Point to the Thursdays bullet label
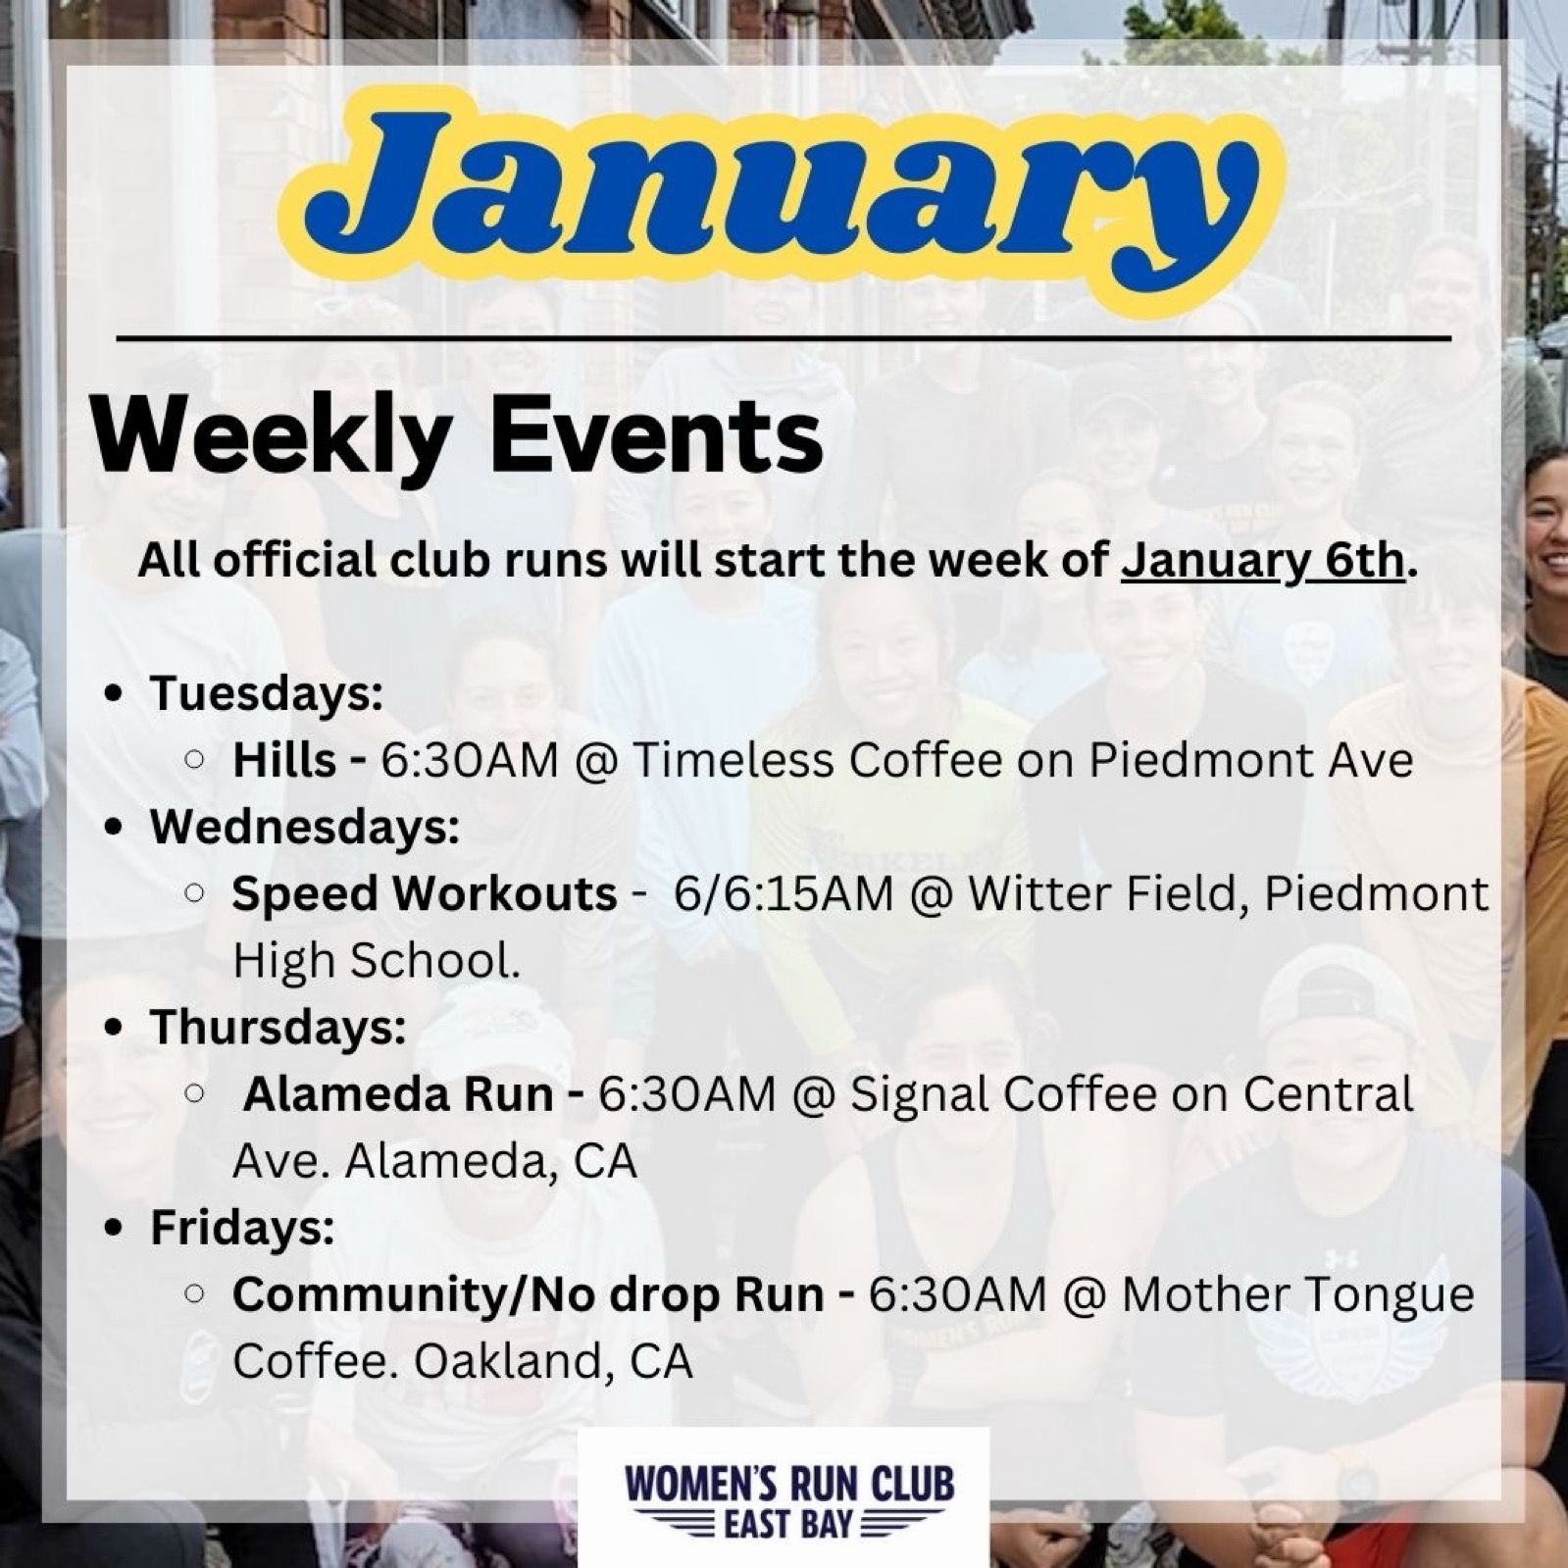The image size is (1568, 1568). point(278,1028)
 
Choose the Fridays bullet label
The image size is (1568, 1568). point(242,1228)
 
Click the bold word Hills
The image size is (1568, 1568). point(283,761)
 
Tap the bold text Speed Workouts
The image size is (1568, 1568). point(425,894)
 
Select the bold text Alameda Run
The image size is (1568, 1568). point(398,1094)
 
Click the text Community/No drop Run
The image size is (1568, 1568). point(528,1294)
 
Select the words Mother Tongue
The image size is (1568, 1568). point(1298,1295)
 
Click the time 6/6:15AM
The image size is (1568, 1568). point(784,894)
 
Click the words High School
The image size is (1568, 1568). point(376,961)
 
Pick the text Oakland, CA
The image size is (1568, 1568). point(553,1361)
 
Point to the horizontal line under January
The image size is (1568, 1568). point(783,339)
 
